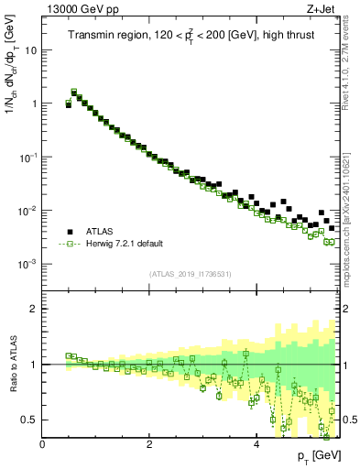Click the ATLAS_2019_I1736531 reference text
191,274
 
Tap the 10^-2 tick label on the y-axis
29,211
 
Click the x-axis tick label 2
149,442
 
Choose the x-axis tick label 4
256,442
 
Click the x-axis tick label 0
42,442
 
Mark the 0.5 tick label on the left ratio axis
30,420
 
